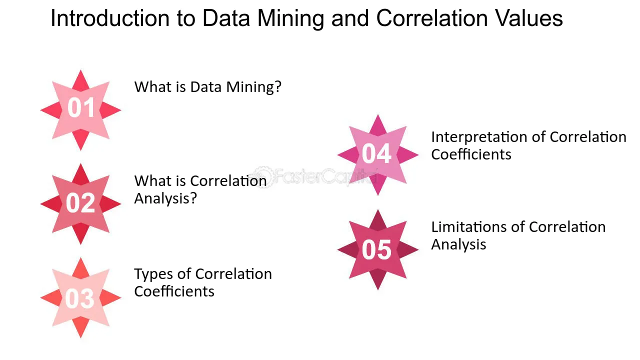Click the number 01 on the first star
[x=81, y=107]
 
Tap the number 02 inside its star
[x=80, y=203]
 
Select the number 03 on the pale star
[x=79, y=298]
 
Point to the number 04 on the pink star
[x=376, y=154]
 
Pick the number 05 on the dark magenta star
[x=376, y=250]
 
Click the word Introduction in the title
[x=110, y=18]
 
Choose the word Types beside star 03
[x=153, y=274]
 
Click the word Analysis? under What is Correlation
[x=165, y=198]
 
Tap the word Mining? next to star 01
[x=253, y=87]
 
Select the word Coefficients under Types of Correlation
[x=174, y=291]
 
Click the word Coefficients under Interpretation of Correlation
[x=471, y=154]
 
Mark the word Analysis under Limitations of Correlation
[x=458, y=244]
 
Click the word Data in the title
[x=226, y=18]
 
